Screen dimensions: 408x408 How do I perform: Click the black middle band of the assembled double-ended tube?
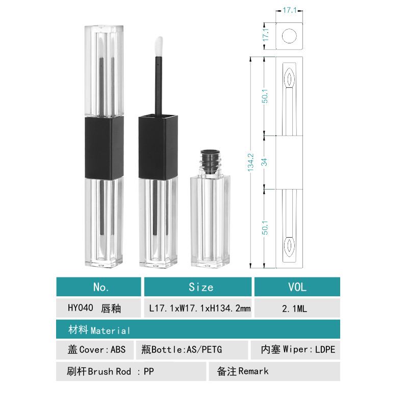click(x=104, y=148)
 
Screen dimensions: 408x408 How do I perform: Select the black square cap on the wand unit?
click(x=158, y=147)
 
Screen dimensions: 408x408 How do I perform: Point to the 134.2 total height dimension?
click(x=250, y=162)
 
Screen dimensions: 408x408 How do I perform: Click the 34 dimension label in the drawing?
click(x=264, y=162)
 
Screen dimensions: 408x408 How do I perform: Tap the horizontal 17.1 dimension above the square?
click(x=289, y=10)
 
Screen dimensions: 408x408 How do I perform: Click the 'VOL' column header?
click(x=297, y=287)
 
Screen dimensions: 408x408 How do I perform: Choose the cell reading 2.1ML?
click(x=297, y=309)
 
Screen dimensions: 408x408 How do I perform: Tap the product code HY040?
click(x=80, y=309)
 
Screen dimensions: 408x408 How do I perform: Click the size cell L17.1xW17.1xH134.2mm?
click(x=199, y=309)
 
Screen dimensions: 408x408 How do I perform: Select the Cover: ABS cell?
click(x=96, y=350)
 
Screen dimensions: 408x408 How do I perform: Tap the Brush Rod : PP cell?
click(x=110, y=371)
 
